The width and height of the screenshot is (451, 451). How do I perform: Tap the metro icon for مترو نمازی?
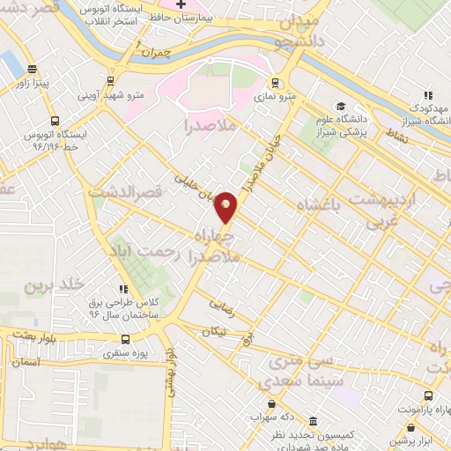276,84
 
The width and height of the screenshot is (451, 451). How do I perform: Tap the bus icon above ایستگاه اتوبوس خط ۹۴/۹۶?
55,122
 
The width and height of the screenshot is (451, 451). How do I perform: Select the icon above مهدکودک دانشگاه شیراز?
429,95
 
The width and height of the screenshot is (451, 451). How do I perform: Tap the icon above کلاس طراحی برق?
124,289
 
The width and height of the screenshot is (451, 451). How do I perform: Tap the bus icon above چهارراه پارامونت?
428,396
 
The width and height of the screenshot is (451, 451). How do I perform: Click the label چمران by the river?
181,53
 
